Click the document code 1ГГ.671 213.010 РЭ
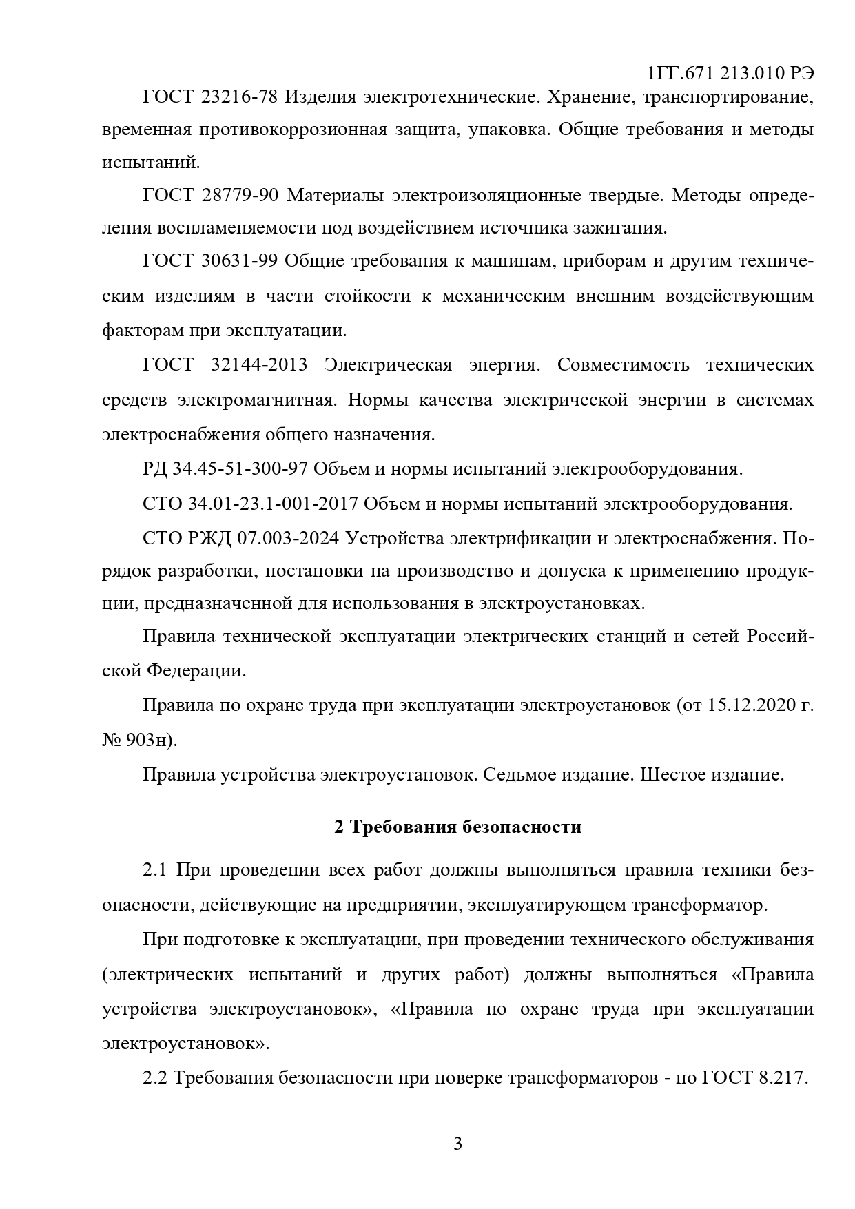pos(731,73)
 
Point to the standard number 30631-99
pos(238,262)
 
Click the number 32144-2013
pos(258,364)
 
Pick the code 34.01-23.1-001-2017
pos(272,504)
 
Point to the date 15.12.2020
pos(748,705)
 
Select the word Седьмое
pos(522,774)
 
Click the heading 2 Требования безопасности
pos(457,827)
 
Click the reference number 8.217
pos(782,1077)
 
